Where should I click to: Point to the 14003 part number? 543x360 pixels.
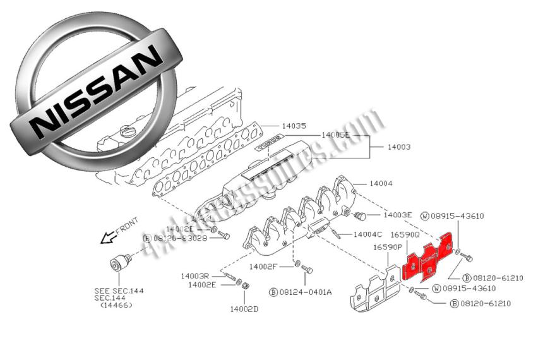398,147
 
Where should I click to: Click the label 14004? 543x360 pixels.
381,183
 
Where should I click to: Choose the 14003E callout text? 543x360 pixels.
398,215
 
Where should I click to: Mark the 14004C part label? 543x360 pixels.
367,234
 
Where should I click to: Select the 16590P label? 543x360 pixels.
387,247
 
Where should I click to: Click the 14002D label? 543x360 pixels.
245,309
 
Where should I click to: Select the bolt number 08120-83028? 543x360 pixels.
182,237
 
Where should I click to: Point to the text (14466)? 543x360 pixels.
117,305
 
